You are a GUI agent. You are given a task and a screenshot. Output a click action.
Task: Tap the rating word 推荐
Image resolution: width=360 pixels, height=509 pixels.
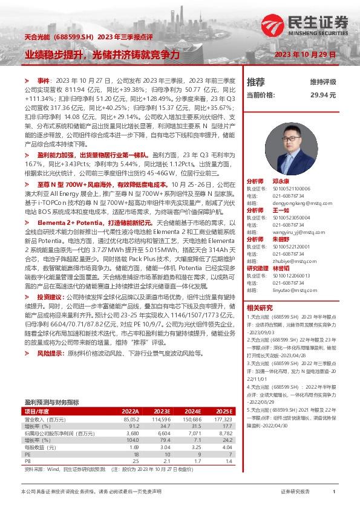pos(256,82)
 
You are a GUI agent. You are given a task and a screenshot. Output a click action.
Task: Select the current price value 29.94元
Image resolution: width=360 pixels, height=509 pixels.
pos(323,95)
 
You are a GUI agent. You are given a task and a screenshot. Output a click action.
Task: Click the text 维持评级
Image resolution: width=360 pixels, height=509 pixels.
pos(323,82)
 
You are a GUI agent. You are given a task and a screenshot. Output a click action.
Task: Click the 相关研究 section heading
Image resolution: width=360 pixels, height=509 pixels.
pos(260,308)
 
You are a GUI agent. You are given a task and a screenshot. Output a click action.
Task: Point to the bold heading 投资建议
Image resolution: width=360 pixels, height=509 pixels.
pos(49,298)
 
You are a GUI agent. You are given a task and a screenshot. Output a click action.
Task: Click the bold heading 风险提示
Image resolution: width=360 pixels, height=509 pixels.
pos(49,352)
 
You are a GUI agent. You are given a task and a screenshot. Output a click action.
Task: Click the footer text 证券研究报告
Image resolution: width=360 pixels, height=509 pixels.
pos(295,492)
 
